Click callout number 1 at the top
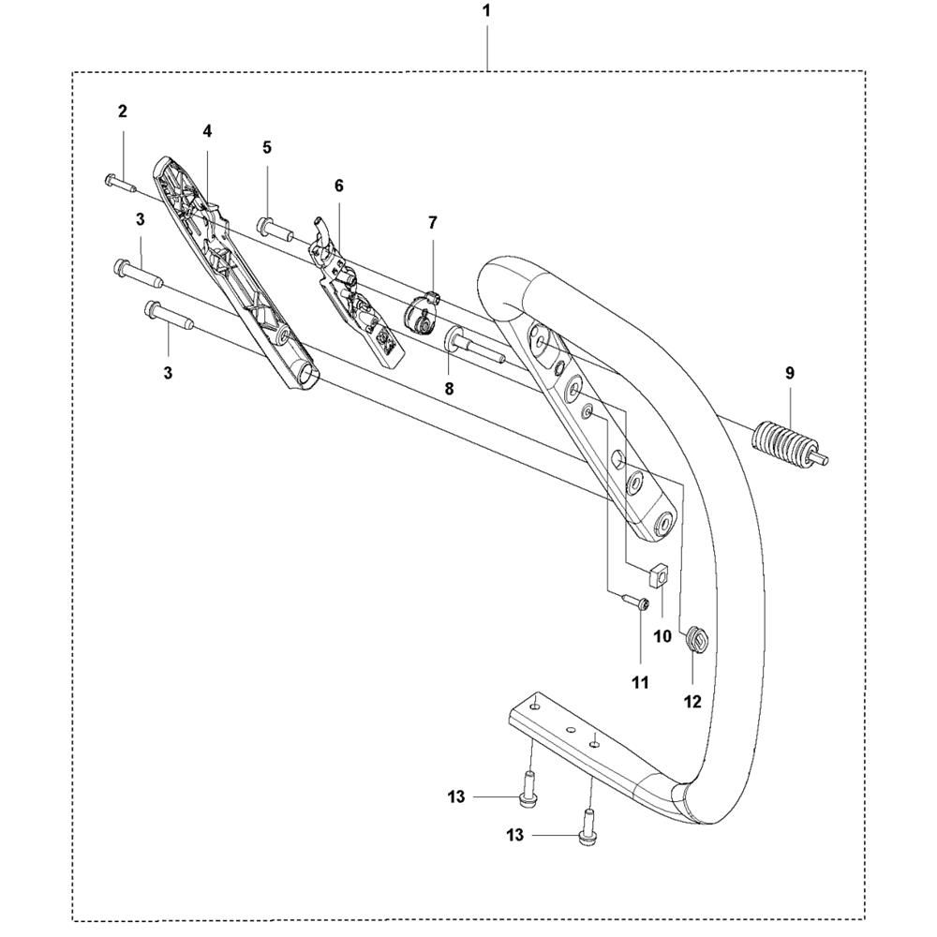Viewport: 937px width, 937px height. pos(486,10)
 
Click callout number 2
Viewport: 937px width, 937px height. pos(123,112)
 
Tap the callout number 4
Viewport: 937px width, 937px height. pos(207,131)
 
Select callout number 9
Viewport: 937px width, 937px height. pos(790,374)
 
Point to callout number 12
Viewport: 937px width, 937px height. pos(692,701)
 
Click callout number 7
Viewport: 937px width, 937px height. pos(433,223)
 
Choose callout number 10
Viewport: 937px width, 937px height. pos(662,636)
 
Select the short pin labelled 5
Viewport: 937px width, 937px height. pos(275,229)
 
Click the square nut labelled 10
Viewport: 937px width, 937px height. pos(658,575)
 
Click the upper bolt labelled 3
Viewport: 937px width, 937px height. pos(138,273)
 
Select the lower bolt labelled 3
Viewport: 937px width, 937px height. pos(169,315)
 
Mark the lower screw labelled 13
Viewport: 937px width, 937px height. pos(587,826)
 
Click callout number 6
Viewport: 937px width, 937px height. pos(339,186)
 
